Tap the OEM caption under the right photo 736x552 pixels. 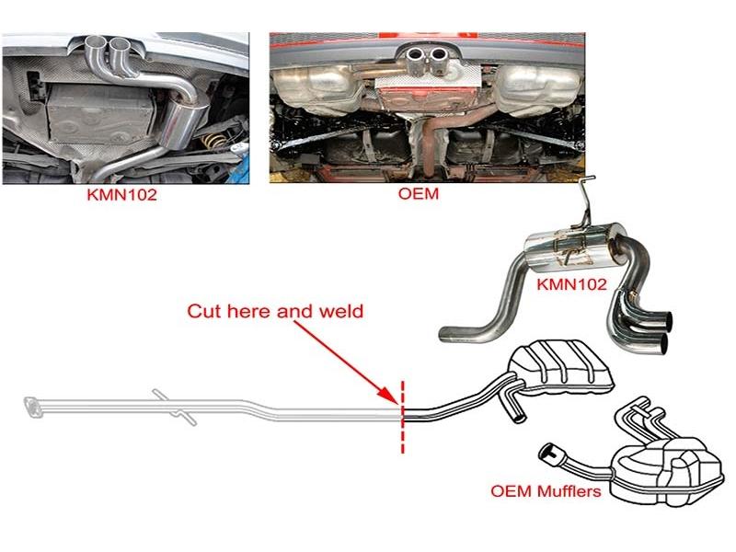pyautogui.click(x=426, y=195)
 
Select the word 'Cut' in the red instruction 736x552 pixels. pyautogui.click(x=204, y=311)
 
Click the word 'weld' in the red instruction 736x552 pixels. pyautogui.click(x=342, y=311)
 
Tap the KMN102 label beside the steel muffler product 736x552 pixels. pyautogui.click(x=572, y=284)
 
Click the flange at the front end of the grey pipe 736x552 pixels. pyautogui.click(x=32, y=406)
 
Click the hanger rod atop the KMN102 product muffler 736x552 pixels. pyautogui.click(x=586, y=202)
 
